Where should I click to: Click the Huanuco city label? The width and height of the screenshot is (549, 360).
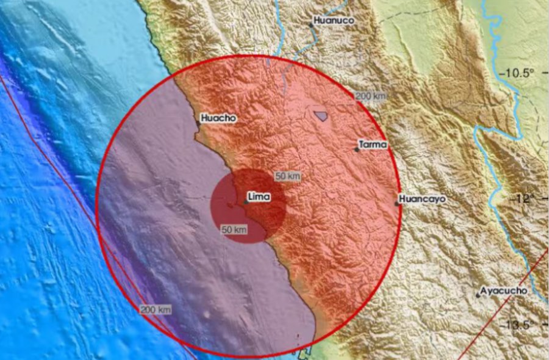click(334, 20)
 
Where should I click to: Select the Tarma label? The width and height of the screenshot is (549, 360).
click(373, 145)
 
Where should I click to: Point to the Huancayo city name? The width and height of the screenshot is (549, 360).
click(423, 199)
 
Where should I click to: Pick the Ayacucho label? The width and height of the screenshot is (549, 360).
click(504, 291)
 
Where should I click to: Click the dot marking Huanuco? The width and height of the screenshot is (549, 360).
click(310, 26)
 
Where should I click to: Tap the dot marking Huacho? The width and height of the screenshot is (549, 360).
click(198, 123)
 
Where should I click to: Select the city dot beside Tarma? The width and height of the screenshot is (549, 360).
click(357, 149)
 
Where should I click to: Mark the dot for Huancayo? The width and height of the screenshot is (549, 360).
click(397, 204)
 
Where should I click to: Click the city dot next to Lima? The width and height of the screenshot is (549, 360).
click(245, 201)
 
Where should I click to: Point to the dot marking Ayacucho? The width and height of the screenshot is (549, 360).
click(478, 295)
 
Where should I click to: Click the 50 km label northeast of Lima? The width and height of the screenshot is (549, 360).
click(288, 176)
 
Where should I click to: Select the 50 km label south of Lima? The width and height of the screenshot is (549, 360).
click(234, 229)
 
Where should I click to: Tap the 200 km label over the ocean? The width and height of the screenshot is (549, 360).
click(156, 310)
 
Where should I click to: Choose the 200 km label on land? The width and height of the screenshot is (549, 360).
click(371, 96)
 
